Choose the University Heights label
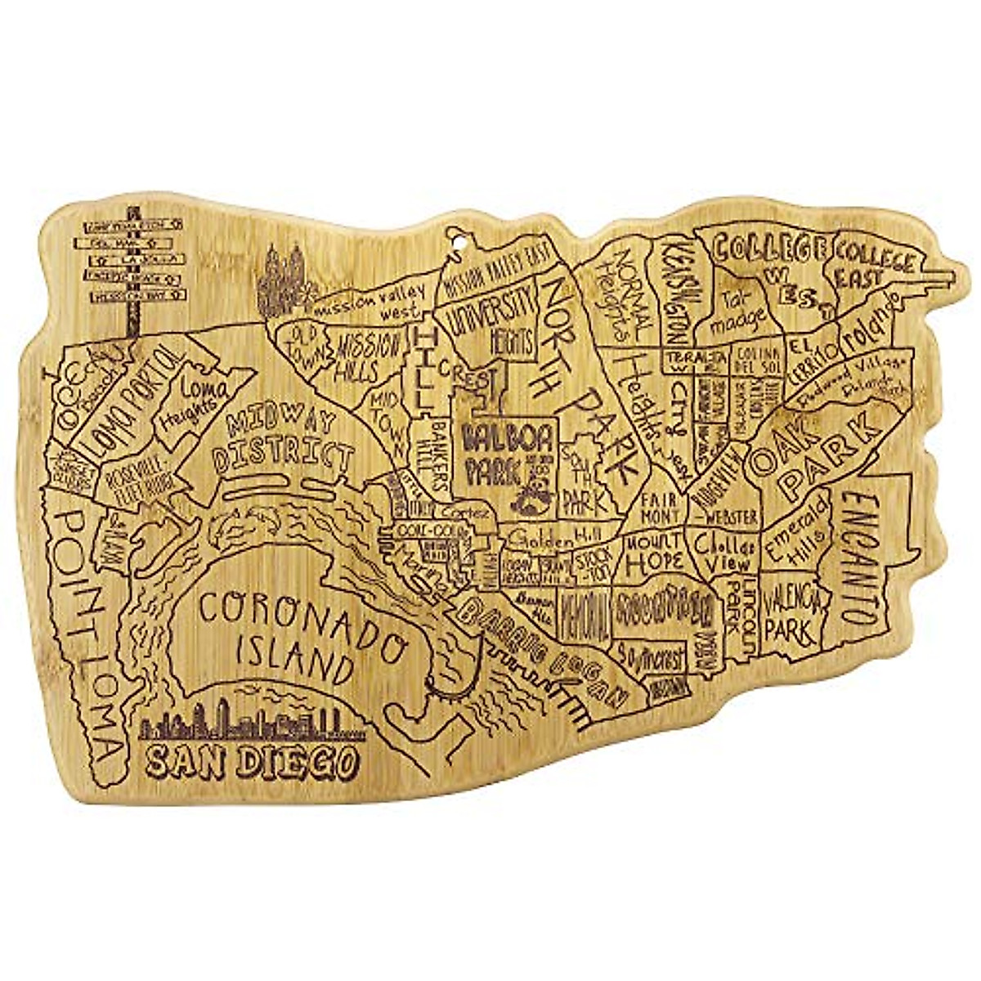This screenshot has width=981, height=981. [494, 323]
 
